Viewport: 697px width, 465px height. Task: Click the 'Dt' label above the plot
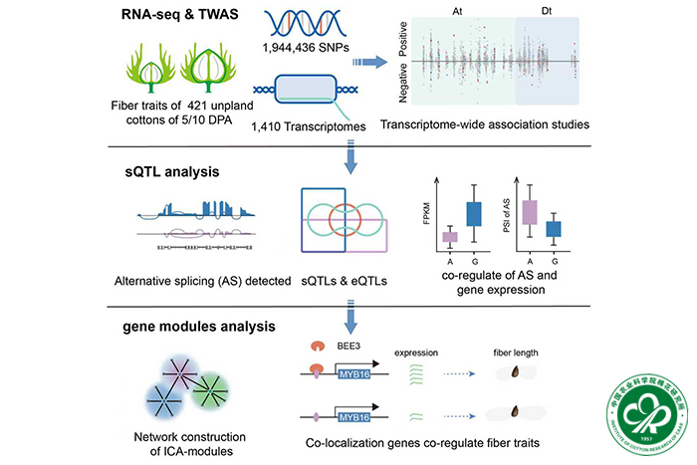[547, 10]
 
